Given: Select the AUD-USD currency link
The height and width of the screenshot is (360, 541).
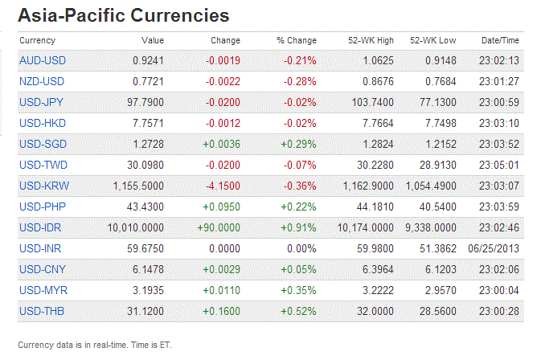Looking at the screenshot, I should [x=42, y=60].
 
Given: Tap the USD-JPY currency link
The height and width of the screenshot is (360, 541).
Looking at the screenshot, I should [x=42, y=102].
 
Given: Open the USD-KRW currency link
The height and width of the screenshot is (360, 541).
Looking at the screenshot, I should [x=43, y=186].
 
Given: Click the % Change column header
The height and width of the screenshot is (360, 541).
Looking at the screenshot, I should [x=297, y=40].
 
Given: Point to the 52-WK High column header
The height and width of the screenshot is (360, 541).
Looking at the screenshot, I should [x=371, y=40].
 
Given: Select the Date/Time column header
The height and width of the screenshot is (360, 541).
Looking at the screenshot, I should [x=500, y=40].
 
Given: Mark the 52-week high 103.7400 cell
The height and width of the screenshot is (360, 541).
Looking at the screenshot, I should [x=371, y=102].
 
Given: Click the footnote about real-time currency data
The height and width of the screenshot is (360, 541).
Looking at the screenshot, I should [x=95, y=345].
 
